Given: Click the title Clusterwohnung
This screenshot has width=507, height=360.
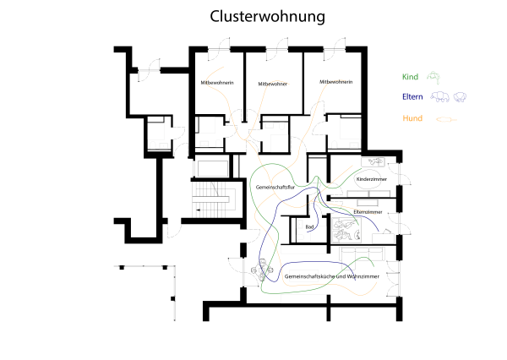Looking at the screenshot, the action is coord(267,17).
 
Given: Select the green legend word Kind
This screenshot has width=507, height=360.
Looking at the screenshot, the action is coord(410,77).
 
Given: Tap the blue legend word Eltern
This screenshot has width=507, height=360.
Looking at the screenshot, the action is coord(412,96).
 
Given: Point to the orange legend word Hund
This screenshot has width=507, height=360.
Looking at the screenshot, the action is coord(412,118).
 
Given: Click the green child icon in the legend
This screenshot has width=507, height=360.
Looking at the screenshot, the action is coord(433,78).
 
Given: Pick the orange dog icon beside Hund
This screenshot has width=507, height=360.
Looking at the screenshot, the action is coord(446,120).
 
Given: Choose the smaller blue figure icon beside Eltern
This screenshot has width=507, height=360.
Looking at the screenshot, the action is coord(460,96).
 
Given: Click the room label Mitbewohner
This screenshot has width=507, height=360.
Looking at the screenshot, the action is coord(273,84).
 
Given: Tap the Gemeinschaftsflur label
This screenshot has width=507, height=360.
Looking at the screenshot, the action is coord(275,187).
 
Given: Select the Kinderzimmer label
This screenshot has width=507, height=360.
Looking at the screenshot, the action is coord(372,179).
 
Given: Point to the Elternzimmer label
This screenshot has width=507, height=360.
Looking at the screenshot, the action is coord(368,212).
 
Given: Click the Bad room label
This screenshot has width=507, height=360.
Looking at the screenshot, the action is coord(309,226).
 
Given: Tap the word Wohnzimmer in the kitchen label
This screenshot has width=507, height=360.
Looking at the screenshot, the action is coord(363,276).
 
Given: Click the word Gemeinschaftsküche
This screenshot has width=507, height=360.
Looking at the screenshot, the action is coord(309,276).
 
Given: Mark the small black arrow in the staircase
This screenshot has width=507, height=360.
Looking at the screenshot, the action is coord(198,210).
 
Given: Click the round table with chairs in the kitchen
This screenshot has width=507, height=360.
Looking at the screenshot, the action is coord(262,270).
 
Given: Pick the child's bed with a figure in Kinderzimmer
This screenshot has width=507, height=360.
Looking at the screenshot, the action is coord(373,161).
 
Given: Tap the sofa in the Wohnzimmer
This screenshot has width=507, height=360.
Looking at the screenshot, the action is coord(362,254).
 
